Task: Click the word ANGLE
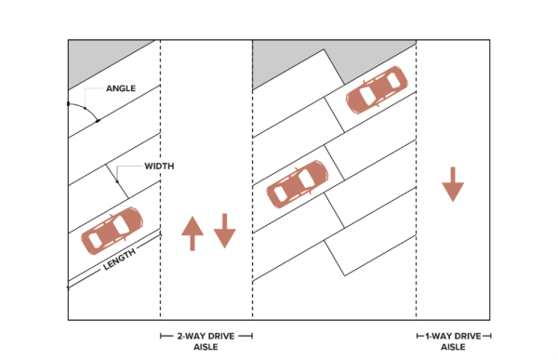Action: tap(121, 88)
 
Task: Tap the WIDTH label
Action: tap(159, 167)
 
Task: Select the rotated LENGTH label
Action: tap(120, 259)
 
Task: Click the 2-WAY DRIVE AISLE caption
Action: tap(206, 341)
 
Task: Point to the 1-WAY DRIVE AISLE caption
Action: tap(453, 341)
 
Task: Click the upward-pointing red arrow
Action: tap(193, 233)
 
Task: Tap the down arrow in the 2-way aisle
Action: tap(224, 231)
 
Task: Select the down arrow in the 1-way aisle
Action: tap(453, 184)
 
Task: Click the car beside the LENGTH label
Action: tap(113, 231)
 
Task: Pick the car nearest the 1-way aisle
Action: tap(378, 89)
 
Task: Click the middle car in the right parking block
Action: tap(298, 184)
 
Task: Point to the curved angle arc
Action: tap(86, 109)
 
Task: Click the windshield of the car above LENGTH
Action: tap(121, 225)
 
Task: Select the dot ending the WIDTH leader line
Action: tap(117, 182)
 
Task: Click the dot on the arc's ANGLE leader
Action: tap(85, 108)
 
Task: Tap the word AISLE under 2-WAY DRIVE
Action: tap(206, 347)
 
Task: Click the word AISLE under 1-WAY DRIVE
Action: tap(453, 347)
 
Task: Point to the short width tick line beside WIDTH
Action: tap(117, 181)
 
